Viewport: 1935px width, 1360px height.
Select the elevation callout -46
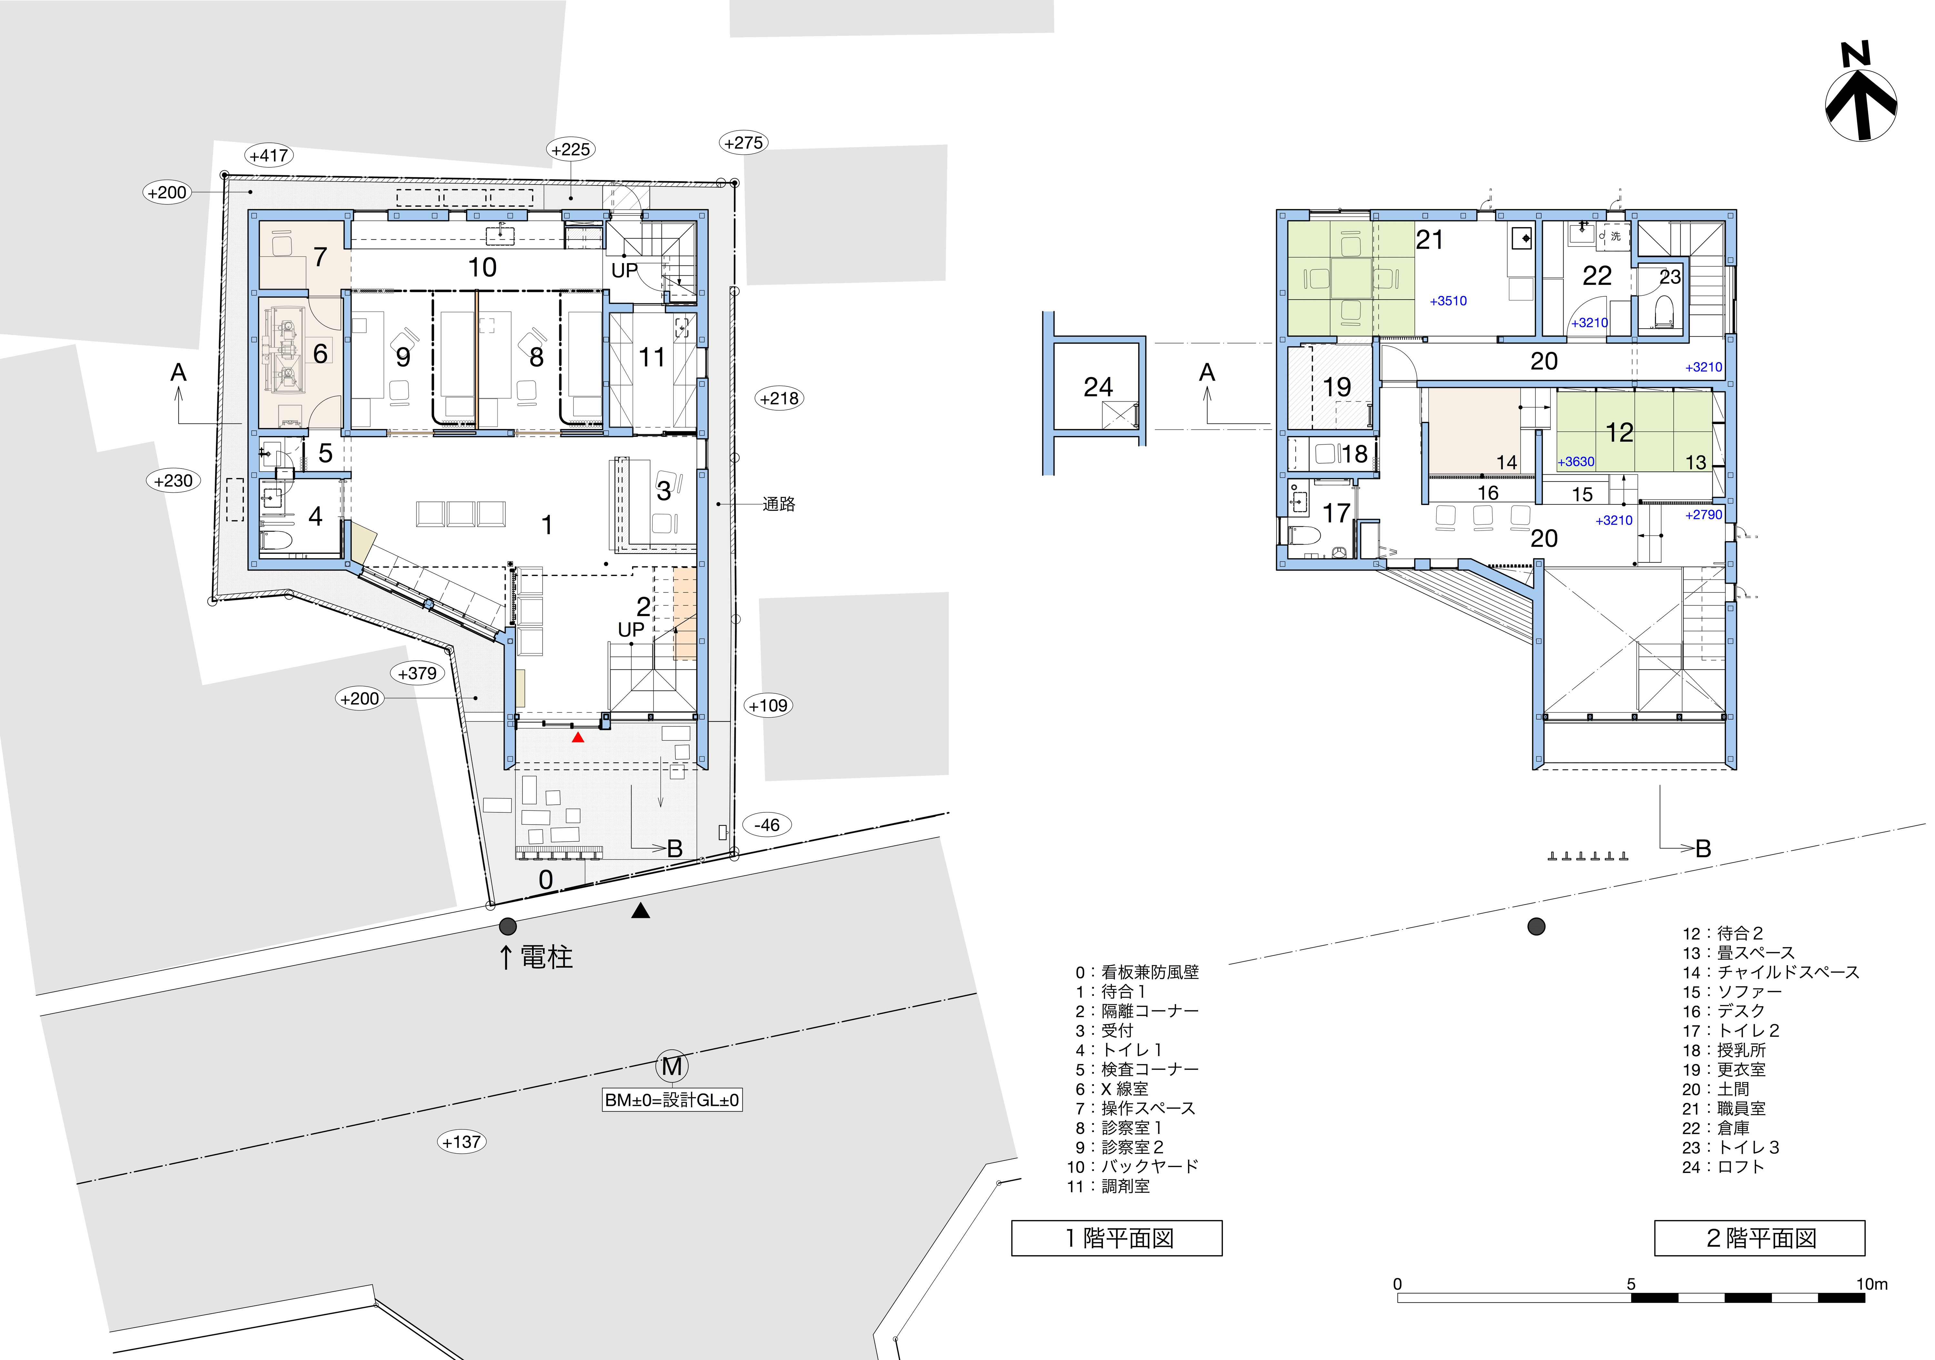click(x=767, y=825)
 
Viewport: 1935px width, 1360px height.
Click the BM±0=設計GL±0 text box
click(x=672, y=1100)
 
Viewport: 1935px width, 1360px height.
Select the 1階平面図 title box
click(x=1117, y=1238)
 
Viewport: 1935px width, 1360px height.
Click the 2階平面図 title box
click(x=1760, y=1238)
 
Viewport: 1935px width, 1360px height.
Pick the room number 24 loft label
click(x=1098, y=387)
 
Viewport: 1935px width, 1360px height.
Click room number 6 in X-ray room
click(x=320, y=353)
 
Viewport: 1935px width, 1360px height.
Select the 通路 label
click(x=779, y=504)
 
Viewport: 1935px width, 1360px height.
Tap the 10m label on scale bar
click(x=1872, y=1284)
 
